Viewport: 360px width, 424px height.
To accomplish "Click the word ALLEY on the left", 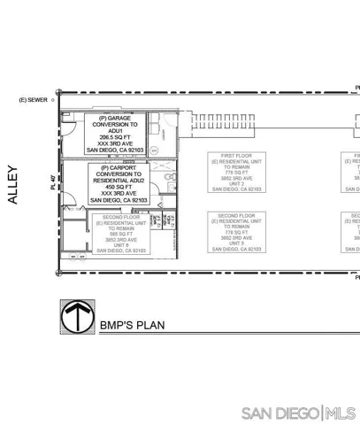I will (x=12, y=187).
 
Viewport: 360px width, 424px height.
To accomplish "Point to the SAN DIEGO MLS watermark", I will (x=298, y=413).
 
